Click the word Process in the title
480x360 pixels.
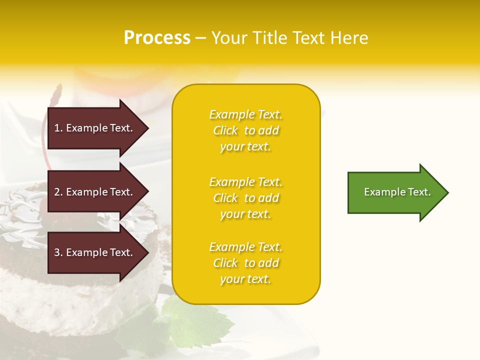click(157, 38)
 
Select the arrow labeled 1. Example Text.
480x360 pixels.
click(95, 128)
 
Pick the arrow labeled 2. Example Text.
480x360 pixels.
click(95, 192)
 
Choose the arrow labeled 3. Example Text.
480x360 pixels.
click(95, 252)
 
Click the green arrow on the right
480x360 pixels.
click(395, 192)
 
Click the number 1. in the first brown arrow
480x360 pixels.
click(58, 128)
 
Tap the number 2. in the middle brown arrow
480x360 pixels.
click(58, 192)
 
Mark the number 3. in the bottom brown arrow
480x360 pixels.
click(58, 252)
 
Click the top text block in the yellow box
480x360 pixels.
click(245, 130)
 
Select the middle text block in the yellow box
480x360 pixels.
click(245, 198)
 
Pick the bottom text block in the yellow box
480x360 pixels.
click(245, 263)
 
